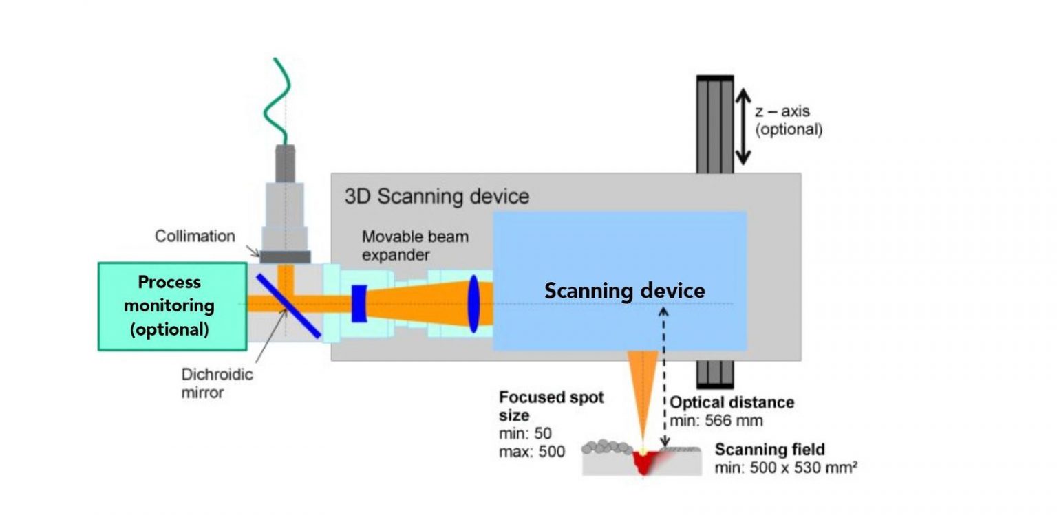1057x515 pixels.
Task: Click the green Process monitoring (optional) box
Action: point(172,306)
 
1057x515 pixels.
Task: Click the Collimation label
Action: point(195,236)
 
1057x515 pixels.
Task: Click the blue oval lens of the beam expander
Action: point(474,303)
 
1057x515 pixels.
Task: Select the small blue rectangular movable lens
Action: point(358,304)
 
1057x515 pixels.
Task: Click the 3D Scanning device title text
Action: point(437,196)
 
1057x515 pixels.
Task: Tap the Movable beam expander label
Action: point(415,245)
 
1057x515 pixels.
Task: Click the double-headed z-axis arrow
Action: point(742,129)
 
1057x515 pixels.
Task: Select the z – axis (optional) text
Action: point(789,120)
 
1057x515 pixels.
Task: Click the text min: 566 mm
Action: point(716,420)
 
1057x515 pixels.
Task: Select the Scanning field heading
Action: point(769,450)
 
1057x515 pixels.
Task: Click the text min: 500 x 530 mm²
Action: point(785,468)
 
